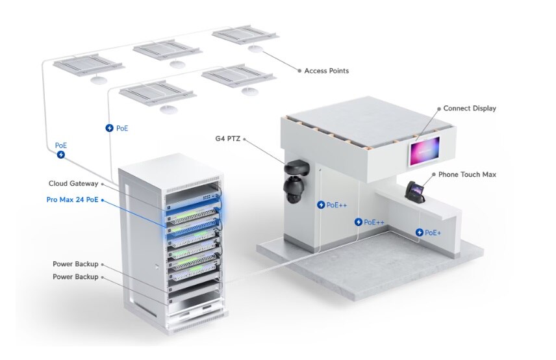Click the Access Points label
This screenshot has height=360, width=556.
click(x=326, y=71)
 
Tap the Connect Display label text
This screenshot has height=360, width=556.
click(x=470, y=108)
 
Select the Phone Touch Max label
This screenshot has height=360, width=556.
click(x=467, y=175)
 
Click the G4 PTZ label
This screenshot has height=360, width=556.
click(x=227, y=138)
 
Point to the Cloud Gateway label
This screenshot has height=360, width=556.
click(x=73, y=183)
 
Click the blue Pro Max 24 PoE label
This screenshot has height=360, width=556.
click(x=72, y=199)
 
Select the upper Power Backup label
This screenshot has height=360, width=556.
click(x=75, y=264)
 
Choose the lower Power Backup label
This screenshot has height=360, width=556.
click(x=75, y=277)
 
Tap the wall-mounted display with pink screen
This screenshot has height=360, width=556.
click(x=424, y=151)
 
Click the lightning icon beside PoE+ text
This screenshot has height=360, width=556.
click(x=420, y=233)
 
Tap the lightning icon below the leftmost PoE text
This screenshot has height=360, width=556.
click(x=61, y=155)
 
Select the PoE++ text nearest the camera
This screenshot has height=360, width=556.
click(x=336, y=205)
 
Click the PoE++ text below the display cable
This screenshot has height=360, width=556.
click(x=374, y=222)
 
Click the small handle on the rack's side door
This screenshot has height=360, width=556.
click(x=157, y=266)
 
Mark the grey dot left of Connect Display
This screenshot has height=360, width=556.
click(x=439, y=109)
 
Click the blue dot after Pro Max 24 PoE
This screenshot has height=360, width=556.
click(x=103, y=200)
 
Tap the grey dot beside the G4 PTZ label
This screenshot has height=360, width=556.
click(x=244, y=138)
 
